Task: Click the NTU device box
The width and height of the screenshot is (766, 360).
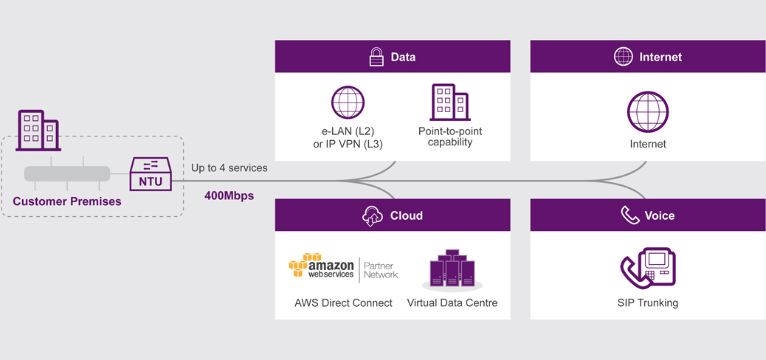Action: pyautogui.click(x=151, y=174)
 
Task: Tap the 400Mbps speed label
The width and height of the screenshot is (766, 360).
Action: pyautogui.click(x=229, y=196)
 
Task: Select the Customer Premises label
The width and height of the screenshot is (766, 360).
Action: pyautogui.click(x=67, y=201)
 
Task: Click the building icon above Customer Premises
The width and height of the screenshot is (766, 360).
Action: pyautogui.click(x=38, y=131)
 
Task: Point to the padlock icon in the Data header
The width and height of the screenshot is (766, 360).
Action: pyautogui.click(x=376, y=57)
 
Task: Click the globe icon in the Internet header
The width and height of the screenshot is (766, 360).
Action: pyautogui.click(x=624, y=57)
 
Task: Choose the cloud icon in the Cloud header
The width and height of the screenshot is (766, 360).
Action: pyautogui.click(x=373, y=215)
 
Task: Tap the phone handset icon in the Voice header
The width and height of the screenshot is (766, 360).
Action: pyautogui.click(x=629, y=215)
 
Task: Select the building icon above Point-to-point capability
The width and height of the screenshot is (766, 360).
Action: pyautogui.click(x=449, y=103)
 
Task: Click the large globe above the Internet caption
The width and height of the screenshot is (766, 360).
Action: pyautogui.click(x=648, y=112)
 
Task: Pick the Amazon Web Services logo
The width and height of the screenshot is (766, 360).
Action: pyautogui.click(x=322, y=267)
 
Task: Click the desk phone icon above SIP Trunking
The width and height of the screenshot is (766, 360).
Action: pyautogui.click(x=648, y=267)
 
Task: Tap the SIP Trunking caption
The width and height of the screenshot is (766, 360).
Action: pyautogui.click(x=648, y=302)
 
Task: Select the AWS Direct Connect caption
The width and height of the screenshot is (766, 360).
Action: pyautogui.click(x=343, y=302)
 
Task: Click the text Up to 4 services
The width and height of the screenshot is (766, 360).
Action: pyautogui.click(x=229, y=167)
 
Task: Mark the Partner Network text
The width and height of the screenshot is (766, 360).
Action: pyautogui.click(x=381, y=270)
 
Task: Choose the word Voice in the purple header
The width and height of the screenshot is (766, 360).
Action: pyautogui.click(x=660, y=215)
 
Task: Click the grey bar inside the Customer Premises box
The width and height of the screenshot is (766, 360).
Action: pyautogui.click(x=67, y=174)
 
